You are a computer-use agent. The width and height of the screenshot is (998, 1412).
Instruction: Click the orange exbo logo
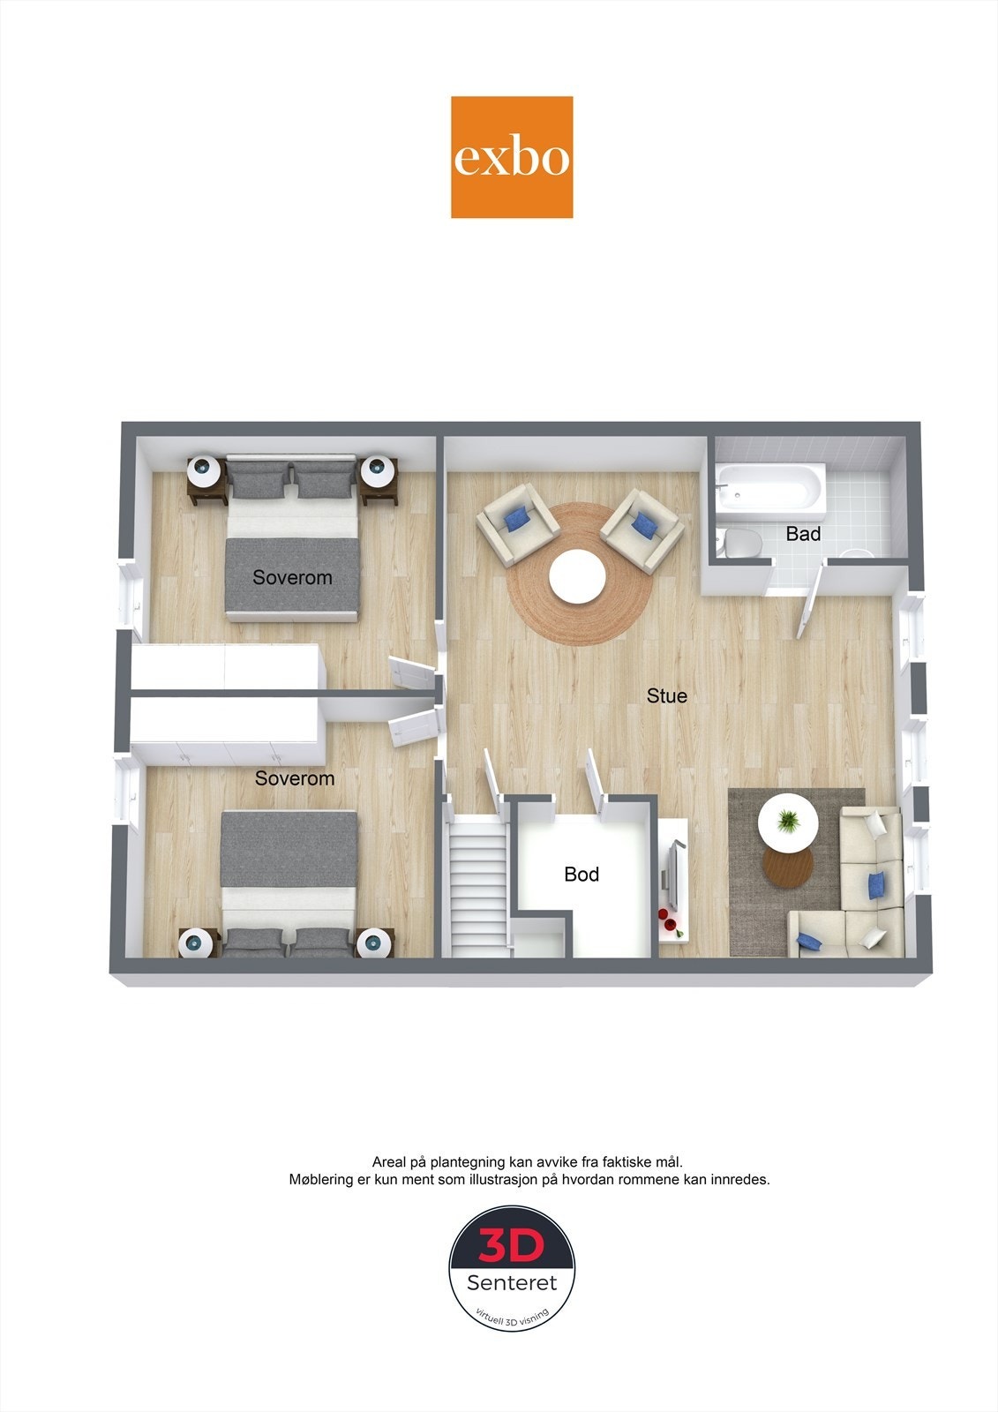point(512,157)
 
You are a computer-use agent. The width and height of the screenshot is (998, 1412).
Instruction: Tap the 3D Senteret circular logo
point(512,1268)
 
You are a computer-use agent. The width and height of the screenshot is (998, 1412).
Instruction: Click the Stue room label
point(666,696)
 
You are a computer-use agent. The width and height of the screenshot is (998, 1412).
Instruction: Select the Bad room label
point(803,534)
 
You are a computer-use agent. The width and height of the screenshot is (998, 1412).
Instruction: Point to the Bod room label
point(582,875)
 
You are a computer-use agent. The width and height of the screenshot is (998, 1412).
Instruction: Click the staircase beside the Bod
point(477,887)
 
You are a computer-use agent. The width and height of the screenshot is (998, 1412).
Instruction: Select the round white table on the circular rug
point(577,578)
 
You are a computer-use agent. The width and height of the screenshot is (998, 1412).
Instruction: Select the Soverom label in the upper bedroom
point(292,578)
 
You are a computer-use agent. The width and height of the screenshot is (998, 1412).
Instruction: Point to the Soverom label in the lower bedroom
point(295,778)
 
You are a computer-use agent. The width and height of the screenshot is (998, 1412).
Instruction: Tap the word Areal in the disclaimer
point(390,1162)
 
